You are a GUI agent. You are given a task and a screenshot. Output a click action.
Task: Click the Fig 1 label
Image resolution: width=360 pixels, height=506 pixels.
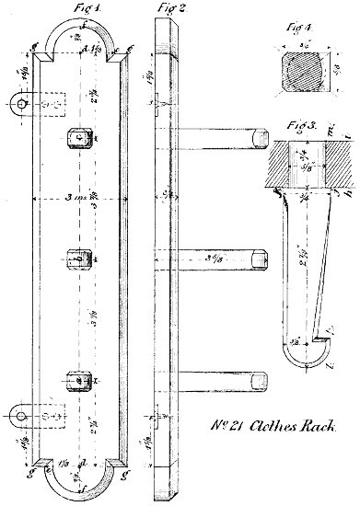coord(86,8)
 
